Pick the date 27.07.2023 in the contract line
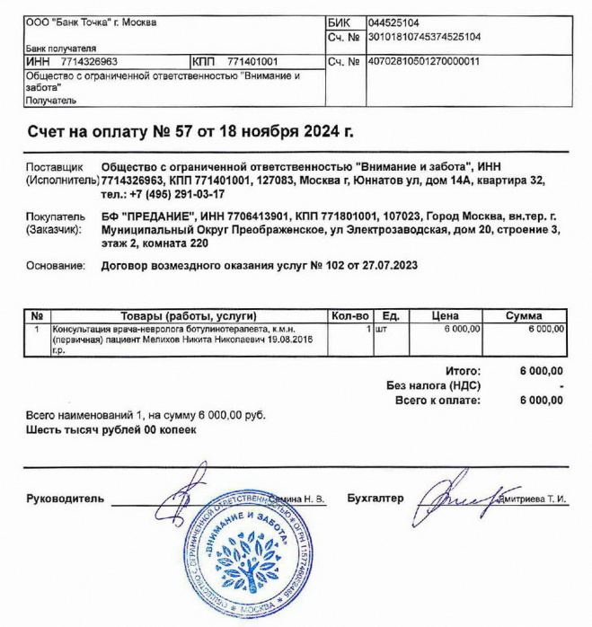389,266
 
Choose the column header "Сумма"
524,316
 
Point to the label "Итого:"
463,371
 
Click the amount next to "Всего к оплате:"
542,401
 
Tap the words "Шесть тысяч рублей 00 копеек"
111,430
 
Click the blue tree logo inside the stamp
240,556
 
